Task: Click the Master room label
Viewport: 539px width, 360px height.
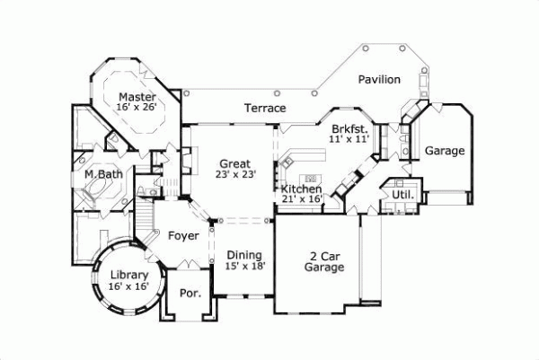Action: point(137,97)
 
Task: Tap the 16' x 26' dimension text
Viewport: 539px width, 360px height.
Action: point(137,108)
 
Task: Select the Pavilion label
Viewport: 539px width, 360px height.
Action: point(379,80)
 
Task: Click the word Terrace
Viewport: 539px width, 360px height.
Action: point(265,109)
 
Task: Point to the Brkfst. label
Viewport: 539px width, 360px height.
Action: point(349,129)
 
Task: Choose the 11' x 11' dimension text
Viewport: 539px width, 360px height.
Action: point(349,140)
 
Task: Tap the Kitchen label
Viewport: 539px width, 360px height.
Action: point(301,189)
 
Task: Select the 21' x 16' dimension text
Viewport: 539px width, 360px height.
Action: point(301,200)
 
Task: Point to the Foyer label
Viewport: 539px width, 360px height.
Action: point(183,235)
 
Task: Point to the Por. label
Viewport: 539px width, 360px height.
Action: point(190,293)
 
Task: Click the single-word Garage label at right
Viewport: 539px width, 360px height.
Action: point(445,151)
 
